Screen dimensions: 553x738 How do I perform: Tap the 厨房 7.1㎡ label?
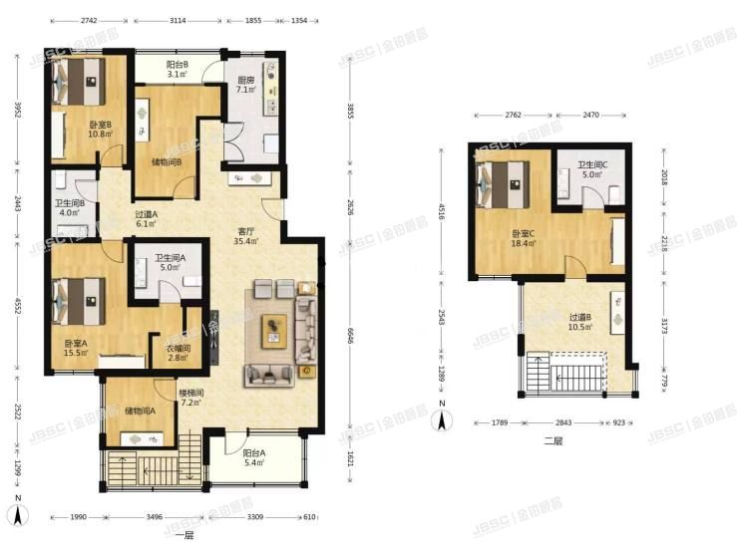[x=246, y=86]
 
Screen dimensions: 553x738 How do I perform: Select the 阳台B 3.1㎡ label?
[x=179, y=69]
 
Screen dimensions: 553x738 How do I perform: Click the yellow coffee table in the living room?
[x=275, y=330]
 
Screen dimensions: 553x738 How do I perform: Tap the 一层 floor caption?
[x=182, y=537]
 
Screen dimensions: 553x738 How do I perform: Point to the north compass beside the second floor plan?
[x=443, y=414]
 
